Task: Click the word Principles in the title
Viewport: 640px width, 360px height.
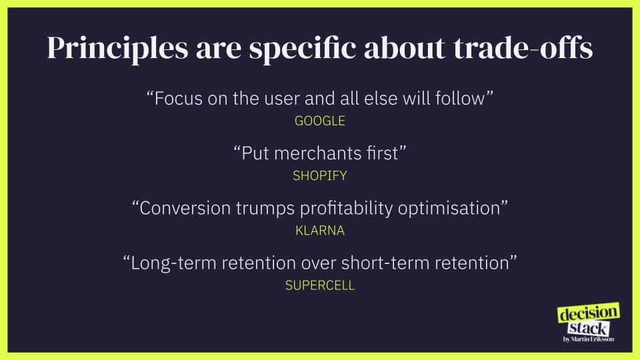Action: (x=118, y=49)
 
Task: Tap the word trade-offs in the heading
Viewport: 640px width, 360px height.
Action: (x=523, y=48)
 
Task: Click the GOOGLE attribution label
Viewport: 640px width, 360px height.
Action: (x=320, y=121)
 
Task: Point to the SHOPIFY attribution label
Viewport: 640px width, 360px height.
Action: (x=320, y=175)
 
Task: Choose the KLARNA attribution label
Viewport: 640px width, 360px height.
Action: (x=320, y=231)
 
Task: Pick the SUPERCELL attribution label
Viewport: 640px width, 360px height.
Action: (x=320, y=285)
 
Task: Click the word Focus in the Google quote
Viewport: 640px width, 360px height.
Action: (x=179, y=99)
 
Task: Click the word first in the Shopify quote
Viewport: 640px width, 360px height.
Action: (x=382, y=153)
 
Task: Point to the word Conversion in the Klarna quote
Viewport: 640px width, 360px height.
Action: (x=185, y=208)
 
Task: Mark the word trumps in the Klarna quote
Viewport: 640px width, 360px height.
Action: (x=265, y=209)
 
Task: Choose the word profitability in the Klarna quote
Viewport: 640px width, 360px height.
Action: (x=346, y=209)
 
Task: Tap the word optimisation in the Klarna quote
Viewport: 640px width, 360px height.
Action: (x=449, y=209)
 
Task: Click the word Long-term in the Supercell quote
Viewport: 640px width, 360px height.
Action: (x=173, y=263)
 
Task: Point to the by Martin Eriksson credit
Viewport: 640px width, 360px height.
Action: (x=589, y=339)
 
